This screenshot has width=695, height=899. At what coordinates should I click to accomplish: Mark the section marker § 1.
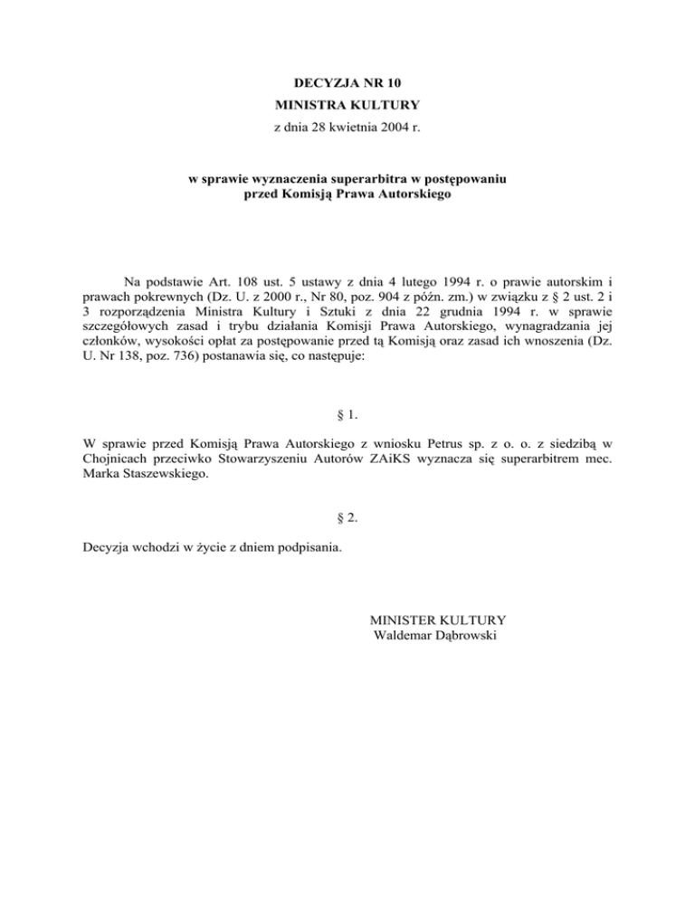pos(347,414)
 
